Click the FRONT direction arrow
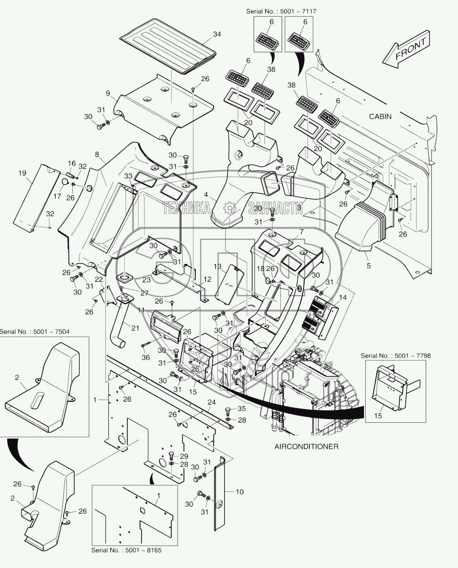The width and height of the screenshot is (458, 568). click(x=407, y=50)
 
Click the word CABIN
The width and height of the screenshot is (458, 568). click(x=380, y=117)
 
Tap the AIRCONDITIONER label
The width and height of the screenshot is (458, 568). click(x=306, y=446)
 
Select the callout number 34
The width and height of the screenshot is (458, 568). click(x=217, y=34)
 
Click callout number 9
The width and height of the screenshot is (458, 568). click(x=108, y=93)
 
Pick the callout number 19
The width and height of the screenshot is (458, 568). click(x=22, y=173)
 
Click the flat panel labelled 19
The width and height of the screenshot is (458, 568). click(x=36, y=198)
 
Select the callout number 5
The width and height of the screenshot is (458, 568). click(x=369, y=266)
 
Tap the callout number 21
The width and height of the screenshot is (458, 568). click(x=135, y=328)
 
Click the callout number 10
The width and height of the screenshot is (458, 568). click(x=240, y=492)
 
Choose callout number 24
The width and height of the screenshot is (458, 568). click(x=212, y=402)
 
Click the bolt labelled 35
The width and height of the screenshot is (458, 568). click(x=228, y=410)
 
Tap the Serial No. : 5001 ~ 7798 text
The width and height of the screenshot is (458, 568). click(x=396, y=356)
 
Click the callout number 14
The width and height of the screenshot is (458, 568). click(x=342, y=298)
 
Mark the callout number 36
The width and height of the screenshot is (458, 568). click(x=146, y=357)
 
